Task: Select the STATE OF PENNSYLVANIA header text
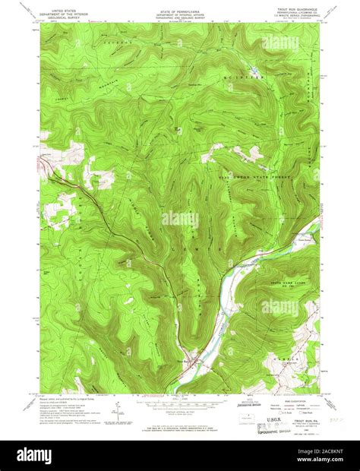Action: tap(179, 8)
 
